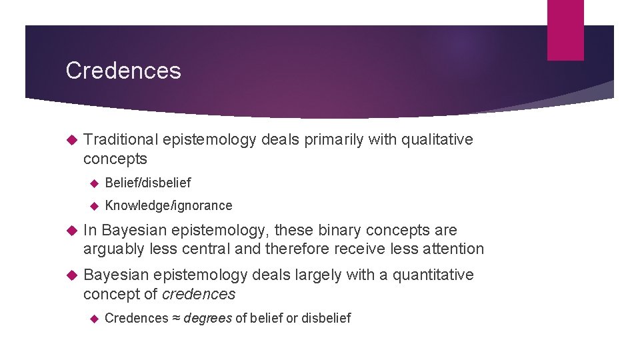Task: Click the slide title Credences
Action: [x=123, y=71]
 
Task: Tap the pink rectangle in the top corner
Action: [x=565, y=29]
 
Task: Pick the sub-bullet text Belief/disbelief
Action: [x=148, y=183]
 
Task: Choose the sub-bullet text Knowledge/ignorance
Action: [x=169, y=205]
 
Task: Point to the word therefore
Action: [x=297, y=249]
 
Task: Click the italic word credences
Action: [x=199, y=294]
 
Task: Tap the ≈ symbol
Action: [x=176, y=318]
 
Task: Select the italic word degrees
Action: [x=207, y=318]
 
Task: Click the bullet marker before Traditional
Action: [x=73, y=140]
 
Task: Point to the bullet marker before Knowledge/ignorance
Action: [x=94, y=206]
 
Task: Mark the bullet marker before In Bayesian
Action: [x=73, y=231]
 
